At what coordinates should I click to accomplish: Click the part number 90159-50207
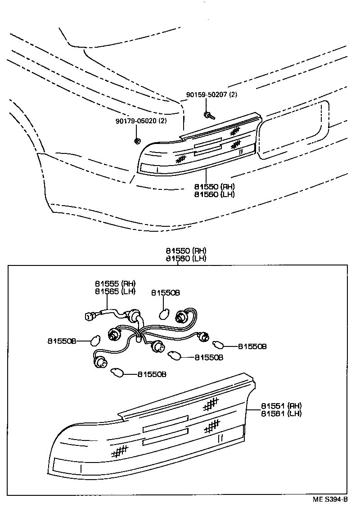tap(207, 95)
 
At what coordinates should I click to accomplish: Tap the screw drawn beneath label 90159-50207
tap(208, 116)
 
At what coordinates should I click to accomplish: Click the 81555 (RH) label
tap(115, 283)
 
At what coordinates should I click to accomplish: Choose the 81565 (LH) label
tap(115, 291)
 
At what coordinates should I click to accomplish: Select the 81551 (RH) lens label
tap(281, 405)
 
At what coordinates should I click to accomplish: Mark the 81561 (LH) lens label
tap(281, 413)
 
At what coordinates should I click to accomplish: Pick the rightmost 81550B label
tap(252, 346)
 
